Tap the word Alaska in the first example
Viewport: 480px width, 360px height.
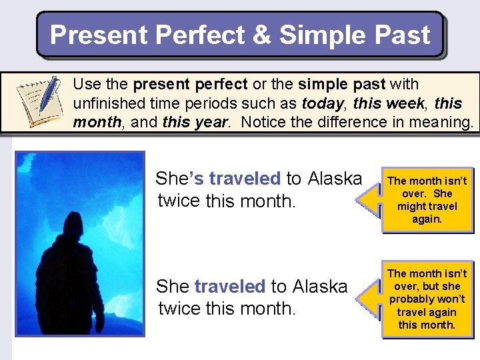[x=333, y=179]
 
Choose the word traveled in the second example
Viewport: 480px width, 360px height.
[x=229, y=287]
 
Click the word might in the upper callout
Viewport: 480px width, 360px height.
[x=410, y=206]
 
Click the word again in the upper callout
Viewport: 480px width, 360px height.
[x=427, y=219]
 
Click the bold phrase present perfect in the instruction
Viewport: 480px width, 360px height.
[x=191, y=84]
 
